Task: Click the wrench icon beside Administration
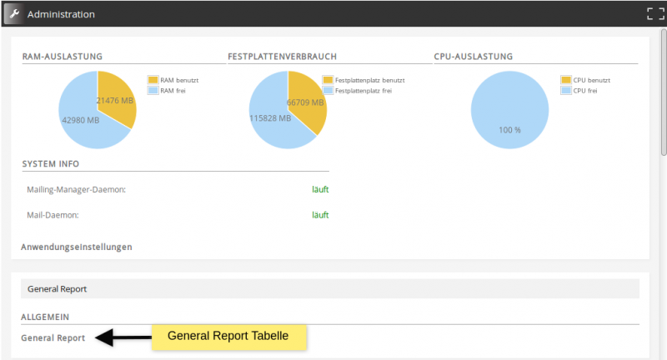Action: [13, 14]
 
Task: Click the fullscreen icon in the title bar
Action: [654, 14]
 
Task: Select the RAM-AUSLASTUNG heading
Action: [62, 57]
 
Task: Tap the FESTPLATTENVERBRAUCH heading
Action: [282, 57]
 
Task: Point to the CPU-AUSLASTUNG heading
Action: [473, 57]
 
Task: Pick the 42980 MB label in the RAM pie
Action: [81, 119]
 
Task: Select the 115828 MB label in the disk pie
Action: [270, 118]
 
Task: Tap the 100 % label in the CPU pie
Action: [509, 130]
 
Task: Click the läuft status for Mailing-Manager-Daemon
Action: [320, 189]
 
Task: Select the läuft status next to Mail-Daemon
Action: [320, 215]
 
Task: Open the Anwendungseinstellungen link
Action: [77, 247]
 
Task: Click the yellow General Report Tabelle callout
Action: [228, 337]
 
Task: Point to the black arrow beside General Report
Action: [121, 337]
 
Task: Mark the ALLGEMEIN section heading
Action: [44, 317]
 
